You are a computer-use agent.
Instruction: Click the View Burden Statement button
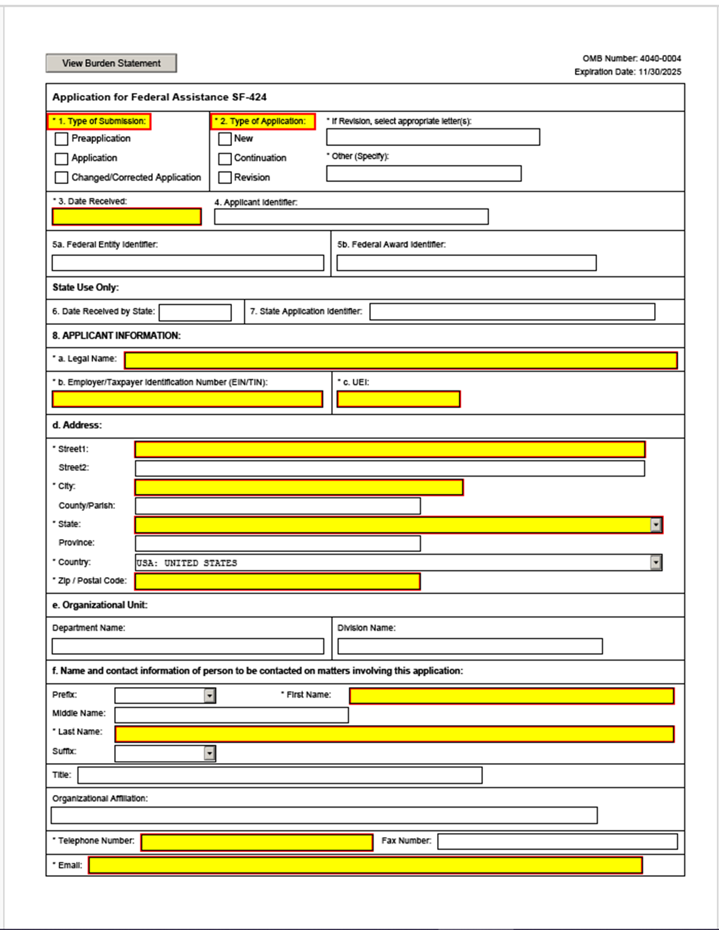coord(111,63)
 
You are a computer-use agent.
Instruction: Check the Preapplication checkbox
coord(62,139)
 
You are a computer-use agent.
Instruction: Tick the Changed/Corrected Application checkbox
coord(62,177)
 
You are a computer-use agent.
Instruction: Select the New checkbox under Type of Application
coord(225,139)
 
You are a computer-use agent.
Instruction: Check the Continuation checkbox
coord(225,158)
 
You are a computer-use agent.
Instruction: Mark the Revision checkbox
coord(225,177)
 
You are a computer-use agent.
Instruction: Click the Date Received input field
coord(126,217)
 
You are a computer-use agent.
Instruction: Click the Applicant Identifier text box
coord(351,217)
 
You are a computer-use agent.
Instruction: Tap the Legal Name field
coord(400,360)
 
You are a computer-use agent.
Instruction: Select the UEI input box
coord(398,399)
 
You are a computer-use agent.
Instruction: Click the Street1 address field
coord(390,449)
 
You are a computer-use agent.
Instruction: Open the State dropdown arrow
coord(655,525)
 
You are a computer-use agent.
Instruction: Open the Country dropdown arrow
coord(655,563)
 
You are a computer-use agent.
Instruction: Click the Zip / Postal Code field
coord(277,582)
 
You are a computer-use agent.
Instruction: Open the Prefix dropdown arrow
coord(209,696)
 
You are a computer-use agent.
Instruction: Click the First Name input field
coord(511,696)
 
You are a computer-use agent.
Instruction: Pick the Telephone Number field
coord(257,842)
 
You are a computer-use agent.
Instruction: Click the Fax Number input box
coord(557,842)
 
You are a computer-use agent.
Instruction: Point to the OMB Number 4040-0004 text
coord(631,58)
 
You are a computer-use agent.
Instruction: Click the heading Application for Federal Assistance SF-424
coord(159,97)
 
